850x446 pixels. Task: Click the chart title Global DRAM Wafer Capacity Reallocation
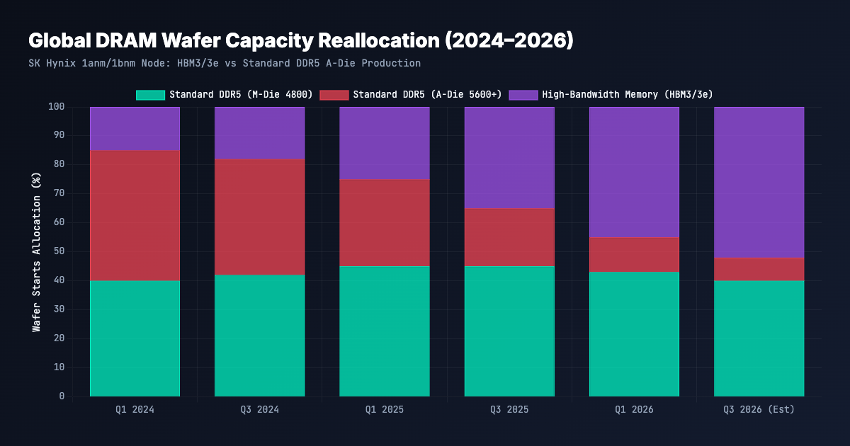point(301,40)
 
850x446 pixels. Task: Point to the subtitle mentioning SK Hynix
point(225,63)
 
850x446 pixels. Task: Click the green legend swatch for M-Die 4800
point(151,95)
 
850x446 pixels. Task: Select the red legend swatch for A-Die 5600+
point(334,95)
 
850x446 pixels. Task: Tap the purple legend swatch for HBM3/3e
point(523,95)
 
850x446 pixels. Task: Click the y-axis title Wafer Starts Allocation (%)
point(36,252)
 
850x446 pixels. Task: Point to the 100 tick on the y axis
point(56,107)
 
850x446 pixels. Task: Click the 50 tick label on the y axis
point(59,251)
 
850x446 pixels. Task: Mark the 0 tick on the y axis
point(62,396)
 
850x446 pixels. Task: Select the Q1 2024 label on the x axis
point(135,410)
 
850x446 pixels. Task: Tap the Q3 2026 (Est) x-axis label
point(759,410)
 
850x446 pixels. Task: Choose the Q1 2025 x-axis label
point(385,410)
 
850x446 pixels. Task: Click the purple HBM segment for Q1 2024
point(135,129)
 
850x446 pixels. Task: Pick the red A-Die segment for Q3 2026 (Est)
point(759,269)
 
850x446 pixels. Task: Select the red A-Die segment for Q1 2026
point(634,255)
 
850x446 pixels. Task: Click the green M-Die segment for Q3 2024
point(259,336)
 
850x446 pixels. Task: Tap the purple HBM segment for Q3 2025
point(509,158)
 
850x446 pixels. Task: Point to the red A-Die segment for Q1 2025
point(385,223)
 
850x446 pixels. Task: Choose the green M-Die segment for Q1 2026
point(634,334)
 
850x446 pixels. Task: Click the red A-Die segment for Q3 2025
point(509,237)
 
